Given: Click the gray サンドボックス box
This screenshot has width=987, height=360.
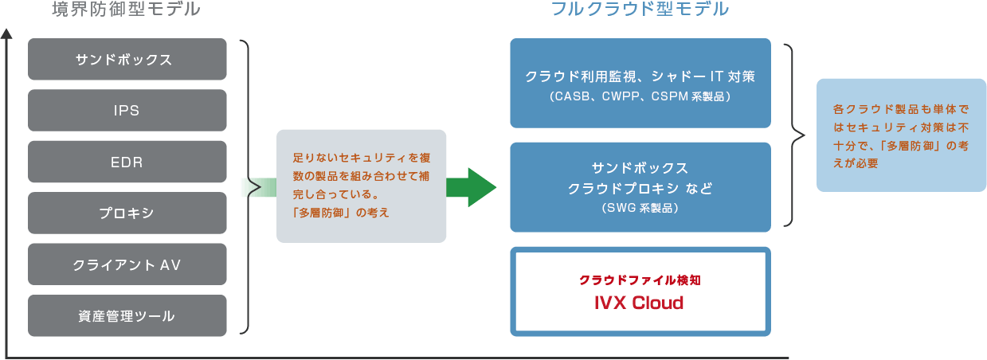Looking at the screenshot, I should click(127, 60).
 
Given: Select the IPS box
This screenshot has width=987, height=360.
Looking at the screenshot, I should click(127, 111).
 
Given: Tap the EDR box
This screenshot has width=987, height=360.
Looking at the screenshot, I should click(127, 162).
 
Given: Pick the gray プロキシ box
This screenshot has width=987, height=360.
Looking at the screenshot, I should click(127, 213).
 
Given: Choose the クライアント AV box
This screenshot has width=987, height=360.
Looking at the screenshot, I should click(127, 264).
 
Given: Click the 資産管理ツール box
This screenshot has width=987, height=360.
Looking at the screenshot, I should click(127, 315).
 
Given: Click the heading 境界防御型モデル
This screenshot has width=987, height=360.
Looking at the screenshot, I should click(125, 10).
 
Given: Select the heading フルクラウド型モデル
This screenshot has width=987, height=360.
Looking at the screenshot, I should click(640, 10).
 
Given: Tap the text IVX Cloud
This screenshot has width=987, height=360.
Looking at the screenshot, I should click(640, 303).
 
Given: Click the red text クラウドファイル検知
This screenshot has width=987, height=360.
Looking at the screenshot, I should click(640, 281).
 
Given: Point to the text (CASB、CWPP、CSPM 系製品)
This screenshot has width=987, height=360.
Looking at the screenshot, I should click(640, 96).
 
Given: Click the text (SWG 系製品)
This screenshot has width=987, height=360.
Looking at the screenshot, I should click(640, 208).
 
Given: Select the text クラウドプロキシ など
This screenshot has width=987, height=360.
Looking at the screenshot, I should click(640, 189).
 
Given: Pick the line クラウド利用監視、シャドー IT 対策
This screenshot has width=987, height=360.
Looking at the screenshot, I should click(640, 77).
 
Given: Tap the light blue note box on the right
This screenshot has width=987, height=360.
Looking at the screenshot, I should click(901, 135).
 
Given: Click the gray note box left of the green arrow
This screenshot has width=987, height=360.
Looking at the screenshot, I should click(361, 186).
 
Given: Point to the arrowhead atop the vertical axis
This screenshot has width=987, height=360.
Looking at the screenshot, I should click(7, 34).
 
